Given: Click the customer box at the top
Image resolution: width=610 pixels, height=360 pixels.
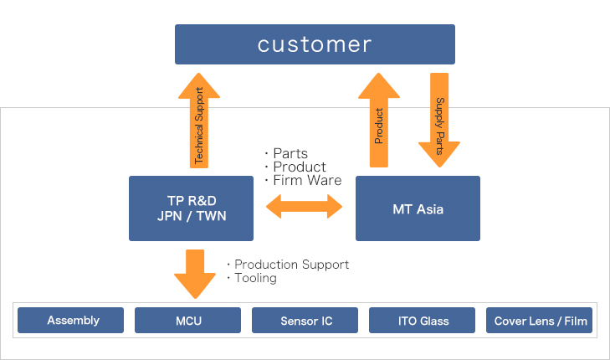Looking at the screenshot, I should pyautogui.click(x=315, y=44).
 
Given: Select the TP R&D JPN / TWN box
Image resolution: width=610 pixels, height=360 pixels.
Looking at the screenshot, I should pyautogui.click(x=191, y=208).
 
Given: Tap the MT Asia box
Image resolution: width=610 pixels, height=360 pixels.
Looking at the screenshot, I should pyautogui.click(x=418, y=208).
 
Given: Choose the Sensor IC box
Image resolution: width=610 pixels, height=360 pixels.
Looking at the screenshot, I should pyautogui.click(x=305, y=320).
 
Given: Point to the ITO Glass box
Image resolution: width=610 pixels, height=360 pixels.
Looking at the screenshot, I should pyautogui.click(x=422, y=320).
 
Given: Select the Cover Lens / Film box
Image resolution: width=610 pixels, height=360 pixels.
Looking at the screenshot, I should pyautogui.click(x=539, y=320).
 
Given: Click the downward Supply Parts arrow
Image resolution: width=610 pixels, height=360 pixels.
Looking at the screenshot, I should pyautogui.click(x=439, y=119).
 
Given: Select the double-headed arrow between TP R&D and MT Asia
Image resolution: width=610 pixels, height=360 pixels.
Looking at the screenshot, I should pyautogui.click(x=305, y=206).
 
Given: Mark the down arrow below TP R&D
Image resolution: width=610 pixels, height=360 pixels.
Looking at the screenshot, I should pyautogui.click(x=195, y=271).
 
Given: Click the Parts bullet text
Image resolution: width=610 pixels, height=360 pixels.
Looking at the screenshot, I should pyautogui.click(x=290, y=153).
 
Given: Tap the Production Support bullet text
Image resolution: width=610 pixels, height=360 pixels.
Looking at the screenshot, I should pyautogui.click(x=291, y=265).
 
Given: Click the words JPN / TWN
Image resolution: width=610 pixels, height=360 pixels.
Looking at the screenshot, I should pyautogui.click(x=191, y=217).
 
